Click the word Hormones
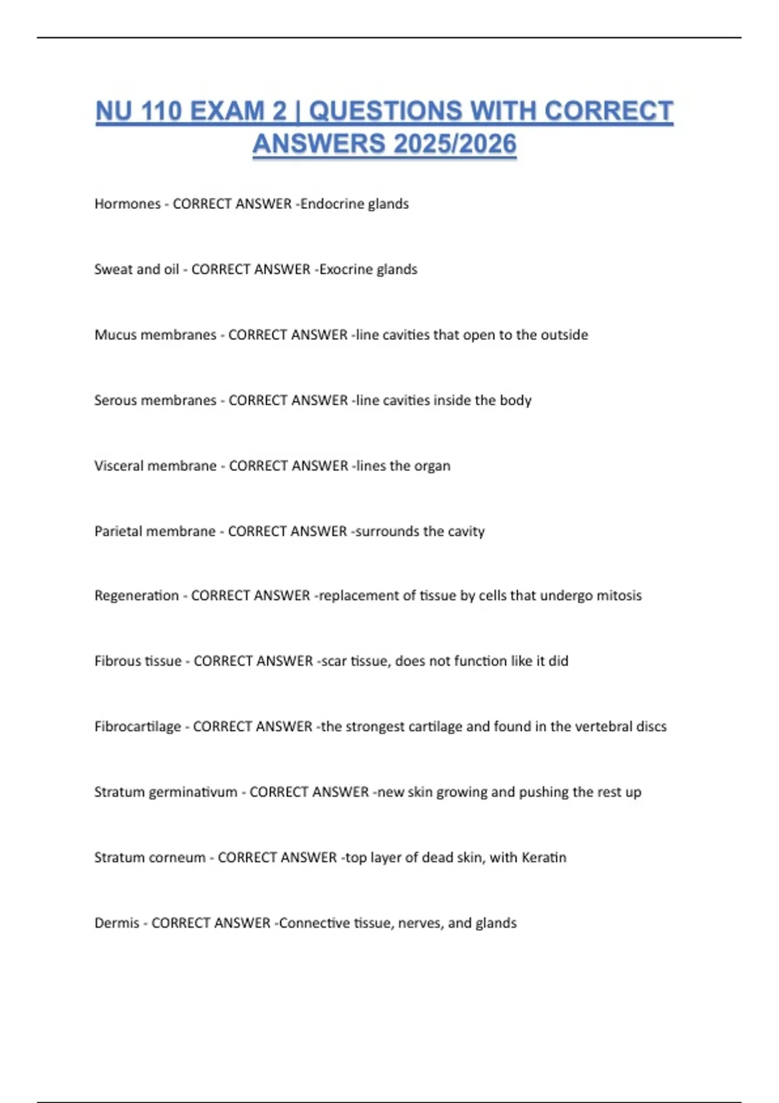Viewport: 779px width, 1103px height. [127, 204]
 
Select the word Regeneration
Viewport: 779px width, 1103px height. [136, 596]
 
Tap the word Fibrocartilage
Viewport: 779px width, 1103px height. [138, 727]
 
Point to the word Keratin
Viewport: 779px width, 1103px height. [544, 858]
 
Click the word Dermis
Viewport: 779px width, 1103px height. [117, 923]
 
